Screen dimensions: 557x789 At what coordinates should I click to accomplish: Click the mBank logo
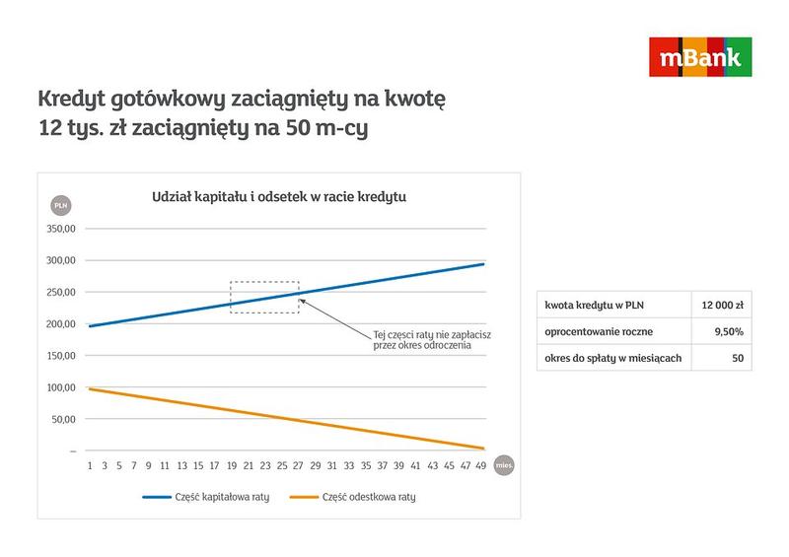pyautogui.click(x=699, y=56)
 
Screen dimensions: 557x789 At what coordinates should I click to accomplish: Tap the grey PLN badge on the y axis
pyautogui.click(x=60, y=204)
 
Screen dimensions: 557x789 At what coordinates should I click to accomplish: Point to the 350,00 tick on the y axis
pyautogui.click(x=60, y=229)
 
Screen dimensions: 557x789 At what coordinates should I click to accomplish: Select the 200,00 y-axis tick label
pyautogui.click(x=60, y=324)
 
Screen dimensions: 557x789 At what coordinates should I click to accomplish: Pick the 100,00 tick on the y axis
pyautogui.click(x=60, y=387)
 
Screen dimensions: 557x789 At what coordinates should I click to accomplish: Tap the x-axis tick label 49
pyautogui.click(x=480, y=465)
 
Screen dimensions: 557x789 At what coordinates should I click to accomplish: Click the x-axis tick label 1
pyautogui.click(x=90, y=465)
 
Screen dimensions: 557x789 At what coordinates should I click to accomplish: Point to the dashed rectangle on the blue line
pyautogui.click(x=264, y=297)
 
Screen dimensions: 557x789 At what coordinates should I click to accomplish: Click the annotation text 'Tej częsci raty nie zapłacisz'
pyautogui.click(x=431, y=334)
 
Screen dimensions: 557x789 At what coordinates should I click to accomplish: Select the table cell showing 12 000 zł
pyautogui.click(x=721, y=305)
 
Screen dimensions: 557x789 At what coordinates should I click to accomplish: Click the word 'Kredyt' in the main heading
pyautogui.click(x=72, y=100)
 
